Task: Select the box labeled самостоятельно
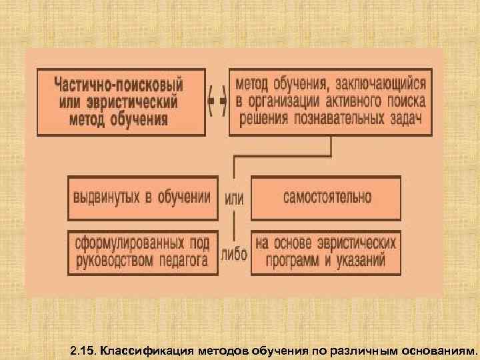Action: click(x=327, y=197)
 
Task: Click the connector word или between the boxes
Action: click(x=234, y=199)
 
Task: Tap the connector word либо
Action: click(x=234, y=255)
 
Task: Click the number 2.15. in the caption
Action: click(x=84, y=349)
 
